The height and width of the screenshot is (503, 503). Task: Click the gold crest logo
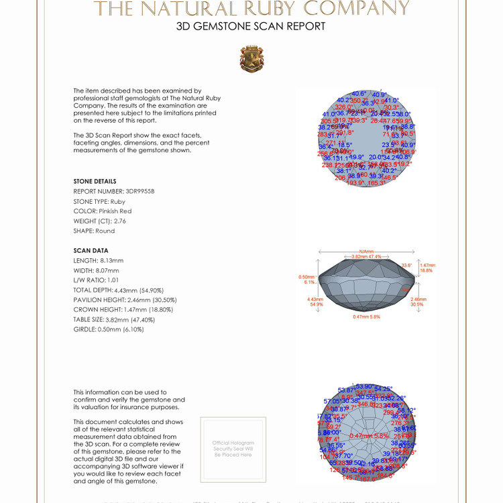[251, 59]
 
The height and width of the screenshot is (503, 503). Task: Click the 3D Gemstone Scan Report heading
[251, 26]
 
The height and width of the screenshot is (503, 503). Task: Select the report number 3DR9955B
[139, 191]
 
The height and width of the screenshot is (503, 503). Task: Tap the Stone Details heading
[95, 181]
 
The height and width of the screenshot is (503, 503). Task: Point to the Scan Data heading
[91, 250]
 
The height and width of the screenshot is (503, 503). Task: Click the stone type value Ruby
[118, 201]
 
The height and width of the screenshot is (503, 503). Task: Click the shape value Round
[105, 231]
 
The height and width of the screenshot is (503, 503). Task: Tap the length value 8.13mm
[111, 260]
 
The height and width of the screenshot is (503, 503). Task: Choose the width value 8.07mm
[110, 270]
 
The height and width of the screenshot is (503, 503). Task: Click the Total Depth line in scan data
[118, 290]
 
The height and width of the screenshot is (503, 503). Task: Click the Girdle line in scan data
[109, 329]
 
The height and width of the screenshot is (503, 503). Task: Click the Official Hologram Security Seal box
[233, 449]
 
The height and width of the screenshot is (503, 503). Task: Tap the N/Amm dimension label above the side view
[366, 251]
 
